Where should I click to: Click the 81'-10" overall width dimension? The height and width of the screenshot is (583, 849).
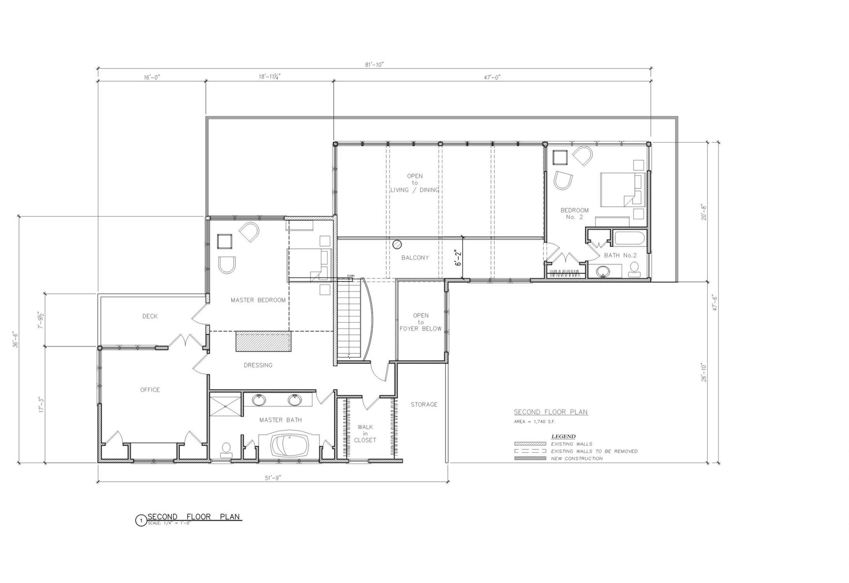click(x=374, y=65)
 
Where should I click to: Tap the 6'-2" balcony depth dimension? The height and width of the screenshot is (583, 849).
click(x=459, y=257)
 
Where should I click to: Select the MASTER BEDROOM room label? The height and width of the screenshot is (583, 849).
click(x=258, y=300)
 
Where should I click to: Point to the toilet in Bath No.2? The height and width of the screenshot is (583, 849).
click(x=634, y=269)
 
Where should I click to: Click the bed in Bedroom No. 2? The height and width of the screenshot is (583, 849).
click(x=621, y=189)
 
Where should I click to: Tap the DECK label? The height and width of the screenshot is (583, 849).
click(x=150, y=316)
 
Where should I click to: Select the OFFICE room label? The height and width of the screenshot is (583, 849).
click(x=150, y=390)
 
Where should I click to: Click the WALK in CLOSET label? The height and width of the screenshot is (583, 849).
click(x=365, y=433)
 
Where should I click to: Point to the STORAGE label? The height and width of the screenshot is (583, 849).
click(x=424, y=404)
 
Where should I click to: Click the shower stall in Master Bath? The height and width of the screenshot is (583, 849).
click(x=225, y=405)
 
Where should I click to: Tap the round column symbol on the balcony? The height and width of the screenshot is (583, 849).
click(x=397, y=244)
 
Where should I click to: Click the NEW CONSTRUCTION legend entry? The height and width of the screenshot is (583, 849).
click(x=577, y=459)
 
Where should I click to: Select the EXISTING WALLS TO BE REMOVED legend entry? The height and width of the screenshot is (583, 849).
click(x=594, y=451)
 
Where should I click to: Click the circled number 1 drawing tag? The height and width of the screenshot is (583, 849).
click(x=140, y=520)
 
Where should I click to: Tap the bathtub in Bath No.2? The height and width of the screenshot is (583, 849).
click(x=629, y=238)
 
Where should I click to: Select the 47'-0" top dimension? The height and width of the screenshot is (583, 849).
click(x=492, y=77)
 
